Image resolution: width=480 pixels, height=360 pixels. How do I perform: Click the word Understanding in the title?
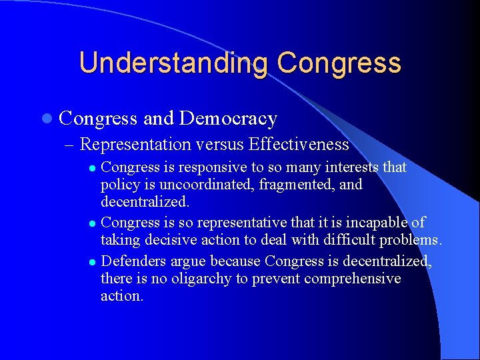tap(173, 63)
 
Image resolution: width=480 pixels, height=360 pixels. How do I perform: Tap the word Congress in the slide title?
tap(339, 63)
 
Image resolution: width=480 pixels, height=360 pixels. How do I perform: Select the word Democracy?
tap(228, 119)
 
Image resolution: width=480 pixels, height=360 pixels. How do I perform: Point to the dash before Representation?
tap(71, 145)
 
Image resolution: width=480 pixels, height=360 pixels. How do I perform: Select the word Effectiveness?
tap(298, 144)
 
